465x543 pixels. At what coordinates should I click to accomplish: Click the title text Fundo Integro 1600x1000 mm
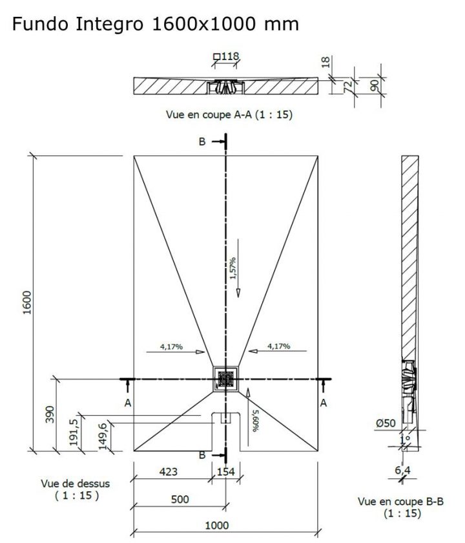[x=155, y=25]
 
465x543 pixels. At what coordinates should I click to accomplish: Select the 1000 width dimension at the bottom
[x=217, y=526]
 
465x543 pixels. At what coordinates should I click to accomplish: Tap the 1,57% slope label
[x=232, y=268]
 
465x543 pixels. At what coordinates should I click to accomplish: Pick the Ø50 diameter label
[x=386, y=423]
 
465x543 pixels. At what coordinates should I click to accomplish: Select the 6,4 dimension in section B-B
[x=404, y=470]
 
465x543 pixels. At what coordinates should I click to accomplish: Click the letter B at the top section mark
[x=202, y=142]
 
